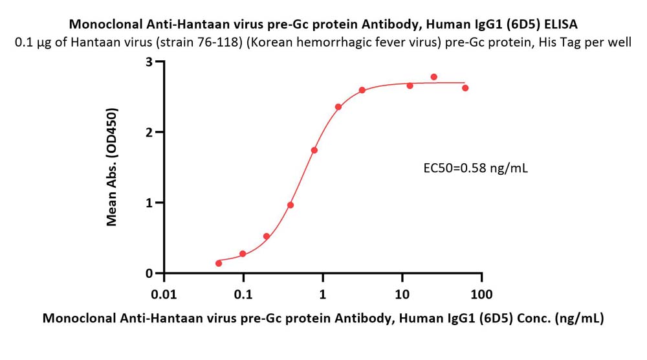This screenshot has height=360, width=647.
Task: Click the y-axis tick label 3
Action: (x=149, y=62)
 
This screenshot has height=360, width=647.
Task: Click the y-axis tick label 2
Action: (x=149, y=132)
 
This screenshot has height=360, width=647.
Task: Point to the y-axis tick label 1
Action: (x=149, y=203)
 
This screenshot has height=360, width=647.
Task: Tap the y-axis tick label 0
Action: (x=149, y=273)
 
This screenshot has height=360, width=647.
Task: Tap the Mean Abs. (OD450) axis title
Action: (x=112, y=167)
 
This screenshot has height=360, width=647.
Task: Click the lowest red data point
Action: (x=219, y=263)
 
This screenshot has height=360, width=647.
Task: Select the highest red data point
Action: (x=433, y=77)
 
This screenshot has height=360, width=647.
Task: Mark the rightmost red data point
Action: (x=465, y=88)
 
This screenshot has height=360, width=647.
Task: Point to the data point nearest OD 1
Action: (x=291, y=205)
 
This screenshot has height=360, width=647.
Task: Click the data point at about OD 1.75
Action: (x=314, y=150)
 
